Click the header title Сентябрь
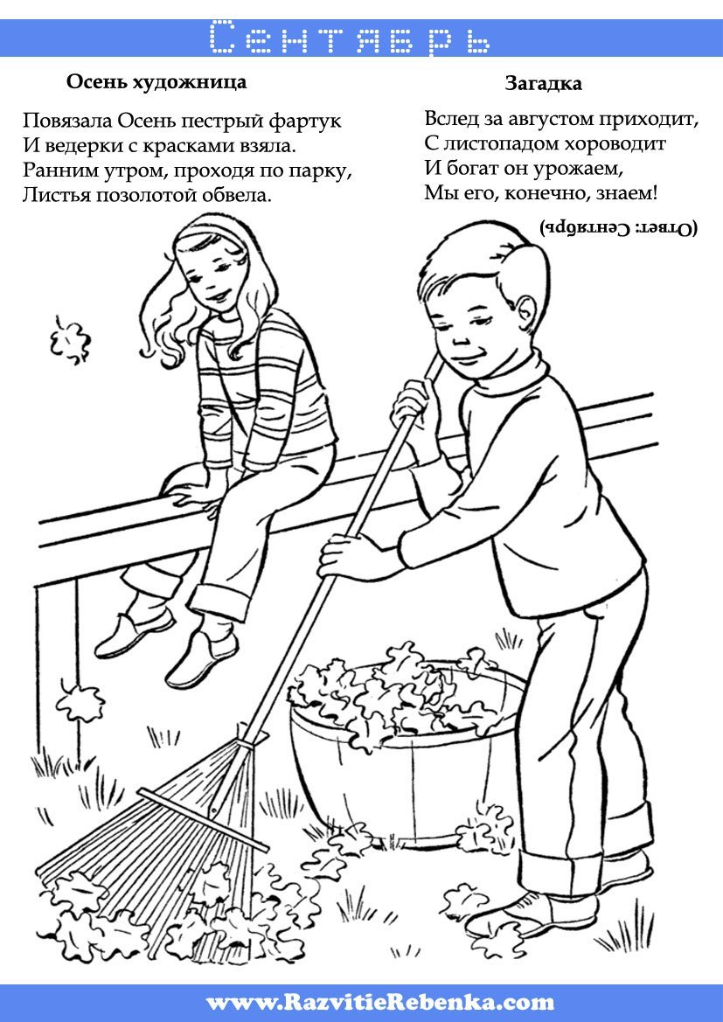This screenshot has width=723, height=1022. pos(350,38)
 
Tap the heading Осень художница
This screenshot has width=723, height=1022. pos(156,82)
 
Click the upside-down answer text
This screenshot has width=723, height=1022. pos(619,228)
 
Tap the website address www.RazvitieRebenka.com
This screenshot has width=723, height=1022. pos(380,1001)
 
